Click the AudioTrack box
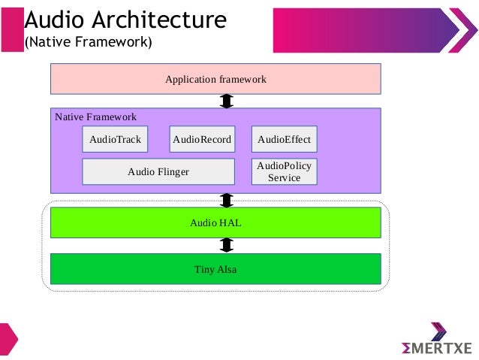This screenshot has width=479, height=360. point(115,140)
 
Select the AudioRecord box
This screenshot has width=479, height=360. point(202,140)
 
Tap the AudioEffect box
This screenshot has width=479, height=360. point(284,140)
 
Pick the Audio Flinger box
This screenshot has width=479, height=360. point(158,172)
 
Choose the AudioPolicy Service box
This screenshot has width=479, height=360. point(284,172)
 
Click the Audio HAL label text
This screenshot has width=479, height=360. point(215,223)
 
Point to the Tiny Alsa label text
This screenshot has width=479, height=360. point(215,269)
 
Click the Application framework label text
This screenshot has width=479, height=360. point(215,79)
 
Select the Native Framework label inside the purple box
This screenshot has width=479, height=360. point(96,117)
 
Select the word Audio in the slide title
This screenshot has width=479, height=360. point(52,20)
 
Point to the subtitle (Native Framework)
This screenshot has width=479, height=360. point(89,42)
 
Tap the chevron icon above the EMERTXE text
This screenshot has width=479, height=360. point(438,331)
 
